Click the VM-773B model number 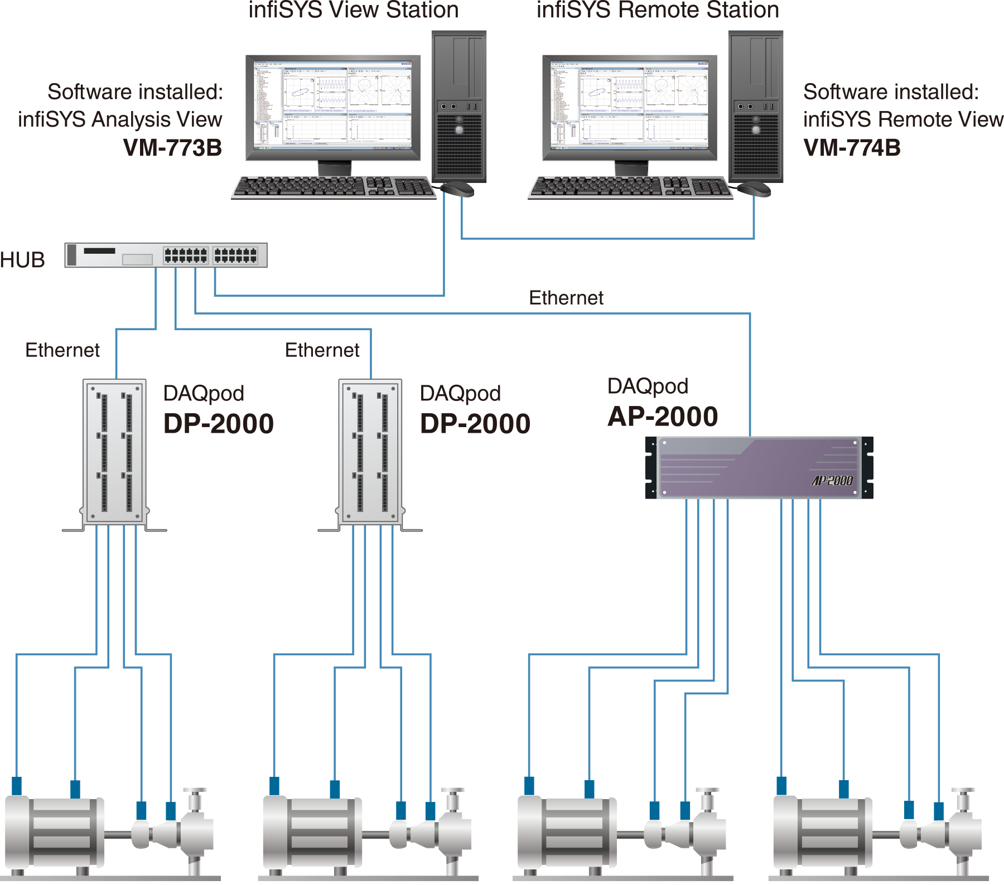(172, 148)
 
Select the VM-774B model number (852, 148)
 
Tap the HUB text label (22, 260)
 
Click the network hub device (166, 255)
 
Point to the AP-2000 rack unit (759, 468)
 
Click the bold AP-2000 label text (663, 417)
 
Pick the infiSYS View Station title (354, 10)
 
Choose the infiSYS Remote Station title (658, 10)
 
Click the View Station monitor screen (333, 106)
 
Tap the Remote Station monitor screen (630, 106)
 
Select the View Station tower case (459, 106)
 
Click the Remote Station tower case (756, 106)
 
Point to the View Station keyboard (334, 187)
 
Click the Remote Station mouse (755, 189)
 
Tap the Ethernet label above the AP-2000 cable (566, 298)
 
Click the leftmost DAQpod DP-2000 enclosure (115, 452)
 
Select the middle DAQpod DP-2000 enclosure (371, 452)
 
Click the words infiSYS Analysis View (120, 119)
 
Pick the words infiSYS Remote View (903, 119)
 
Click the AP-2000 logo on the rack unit (832, 481)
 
